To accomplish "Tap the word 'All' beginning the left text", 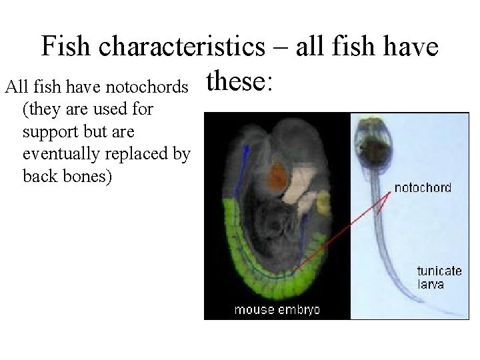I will [13, 87].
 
